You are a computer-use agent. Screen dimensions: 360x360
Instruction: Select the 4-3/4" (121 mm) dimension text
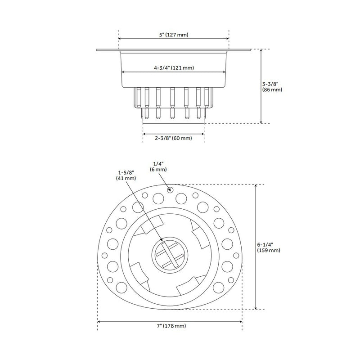pyautogui.click(x=174, y=68)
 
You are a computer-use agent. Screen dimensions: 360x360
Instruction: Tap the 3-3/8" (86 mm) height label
pyautogui.click(x=272, y=86)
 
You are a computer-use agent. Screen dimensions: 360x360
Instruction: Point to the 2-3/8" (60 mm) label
pyautogui.click(x=174, y=138)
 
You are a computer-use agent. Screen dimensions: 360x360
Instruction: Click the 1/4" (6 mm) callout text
pyautogui.click(x=158, y=166)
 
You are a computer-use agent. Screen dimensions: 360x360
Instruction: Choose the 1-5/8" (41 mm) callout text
pyautogui.click(x=126, y=175)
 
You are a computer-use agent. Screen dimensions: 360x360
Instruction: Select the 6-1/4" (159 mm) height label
pyautogui.click(x=269, y=247)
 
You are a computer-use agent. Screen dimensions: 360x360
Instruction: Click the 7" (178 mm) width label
pyautogui.click(x=170, y=326)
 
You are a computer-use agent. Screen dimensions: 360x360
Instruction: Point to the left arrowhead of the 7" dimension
pyautogui.click(x=99, y=321)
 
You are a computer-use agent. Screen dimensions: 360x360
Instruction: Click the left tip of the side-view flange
pyautogui.click(x=97, y=50)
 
